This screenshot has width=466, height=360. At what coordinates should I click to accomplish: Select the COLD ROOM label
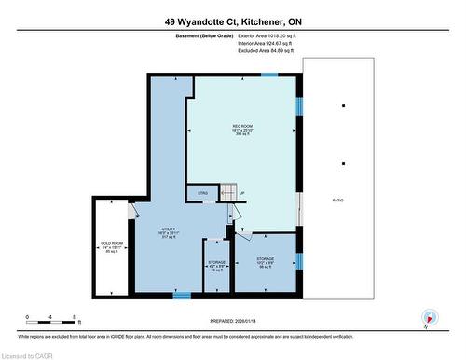(x=113, y=246)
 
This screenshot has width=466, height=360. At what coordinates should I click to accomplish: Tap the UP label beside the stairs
(x=242, y=194)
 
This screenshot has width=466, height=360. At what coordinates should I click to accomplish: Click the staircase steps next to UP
(x=226, y=194)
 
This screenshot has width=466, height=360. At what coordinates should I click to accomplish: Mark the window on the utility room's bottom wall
(x=183, y=296)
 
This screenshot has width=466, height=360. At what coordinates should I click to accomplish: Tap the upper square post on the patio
(x=344, y=106)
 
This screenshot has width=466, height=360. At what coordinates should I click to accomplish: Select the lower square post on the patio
(x=344, y=164)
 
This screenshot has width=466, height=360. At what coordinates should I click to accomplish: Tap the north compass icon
(x=428, y=317)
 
